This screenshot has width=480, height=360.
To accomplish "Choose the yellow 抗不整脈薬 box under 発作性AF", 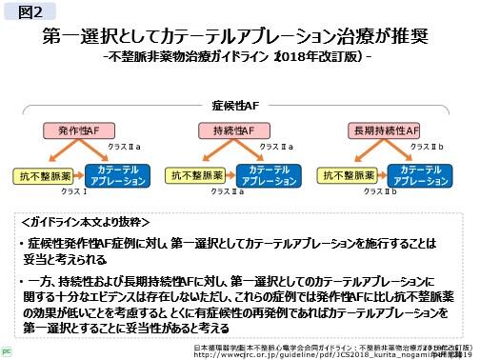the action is click(42, 174).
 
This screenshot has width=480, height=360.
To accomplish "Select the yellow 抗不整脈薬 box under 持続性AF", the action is click(194, 174).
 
